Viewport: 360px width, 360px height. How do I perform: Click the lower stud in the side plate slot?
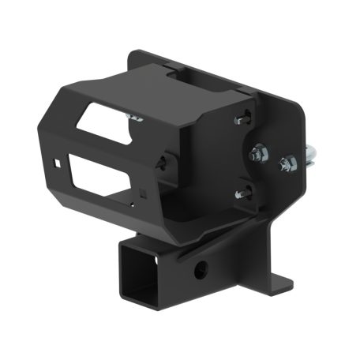pyautogui.click(x=239, y=191)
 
